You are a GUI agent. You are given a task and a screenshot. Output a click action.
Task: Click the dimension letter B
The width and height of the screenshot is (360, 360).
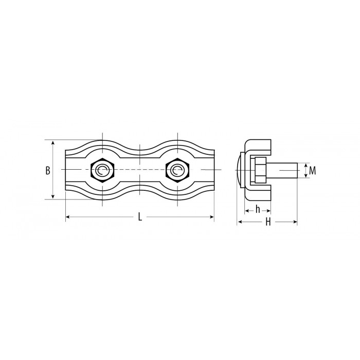(48, 171)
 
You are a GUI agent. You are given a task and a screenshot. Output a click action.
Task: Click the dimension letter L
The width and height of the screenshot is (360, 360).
(140, 217)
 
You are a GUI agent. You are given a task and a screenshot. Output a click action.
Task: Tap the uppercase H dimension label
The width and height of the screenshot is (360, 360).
(268, 222)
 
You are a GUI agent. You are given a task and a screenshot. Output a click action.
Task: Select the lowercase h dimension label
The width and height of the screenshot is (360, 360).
(258, 209)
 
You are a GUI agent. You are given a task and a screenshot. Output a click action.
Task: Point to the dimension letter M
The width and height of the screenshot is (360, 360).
(313, 171)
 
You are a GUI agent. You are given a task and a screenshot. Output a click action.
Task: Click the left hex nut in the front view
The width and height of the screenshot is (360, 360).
(102, 170)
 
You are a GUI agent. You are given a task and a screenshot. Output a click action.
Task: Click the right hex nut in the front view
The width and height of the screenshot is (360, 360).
(177, 170)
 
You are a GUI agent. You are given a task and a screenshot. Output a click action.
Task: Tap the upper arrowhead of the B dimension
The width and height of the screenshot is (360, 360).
(53, 143)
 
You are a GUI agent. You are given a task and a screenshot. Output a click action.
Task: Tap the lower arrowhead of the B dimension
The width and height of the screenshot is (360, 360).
(53, 197)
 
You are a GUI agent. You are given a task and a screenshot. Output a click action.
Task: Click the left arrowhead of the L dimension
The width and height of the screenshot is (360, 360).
(68, 217)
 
